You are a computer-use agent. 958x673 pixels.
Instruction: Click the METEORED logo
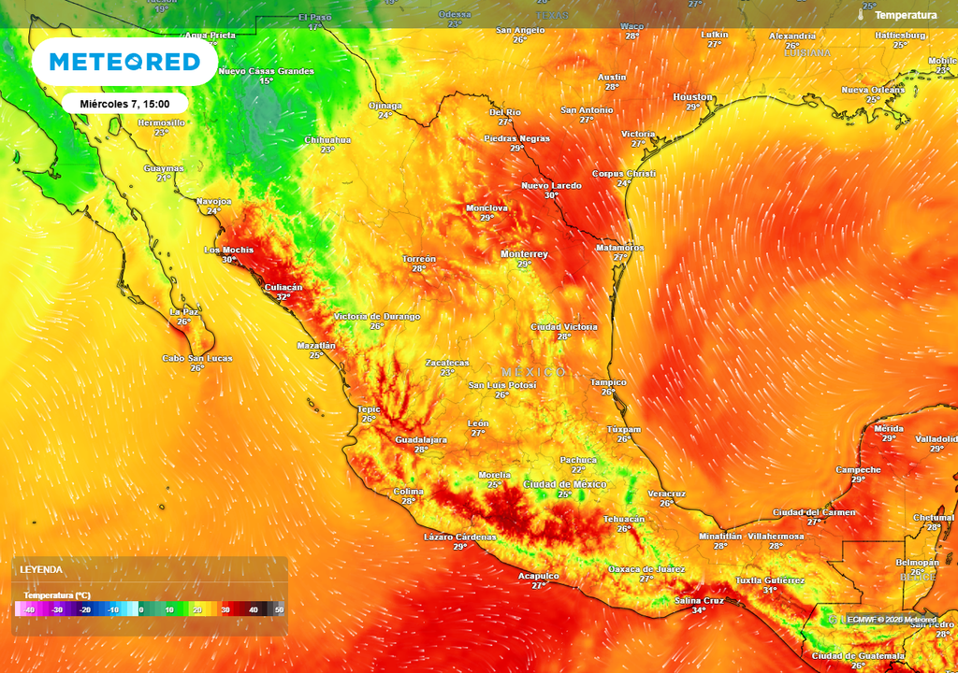(124, 62)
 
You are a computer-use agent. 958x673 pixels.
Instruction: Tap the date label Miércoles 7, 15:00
(125, 103)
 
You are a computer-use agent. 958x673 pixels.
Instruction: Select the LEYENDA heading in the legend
(42, 569)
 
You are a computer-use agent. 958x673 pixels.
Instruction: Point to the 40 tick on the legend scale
(253, 609)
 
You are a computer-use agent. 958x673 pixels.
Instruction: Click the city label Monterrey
(524, 254)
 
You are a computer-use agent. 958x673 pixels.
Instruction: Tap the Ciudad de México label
(564, 484)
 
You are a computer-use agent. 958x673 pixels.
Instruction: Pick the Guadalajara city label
(421, 439)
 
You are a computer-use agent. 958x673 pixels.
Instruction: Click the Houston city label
(692, 97)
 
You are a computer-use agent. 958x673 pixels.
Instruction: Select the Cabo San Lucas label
(197, 358)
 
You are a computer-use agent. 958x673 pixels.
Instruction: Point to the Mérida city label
(888, 428)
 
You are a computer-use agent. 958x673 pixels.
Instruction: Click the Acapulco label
(539, 576)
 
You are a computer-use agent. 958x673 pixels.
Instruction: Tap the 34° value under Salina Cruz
(699, 610)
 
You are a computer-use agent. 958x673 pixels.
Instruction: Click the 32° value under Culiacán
(283, 297)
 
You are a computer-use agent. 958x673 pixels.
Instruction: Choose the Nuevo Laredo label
(551, 186)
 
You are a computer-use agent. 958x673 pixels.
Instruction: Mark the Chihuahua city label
(327, 140)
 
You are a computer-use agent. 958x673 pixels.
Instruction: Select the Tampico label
(608, 382)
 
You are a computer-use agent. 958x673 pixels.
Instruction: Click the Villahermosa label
(776, 537)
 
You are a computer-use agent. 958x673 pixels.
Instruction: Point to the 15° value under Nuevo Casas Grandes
(266, 81)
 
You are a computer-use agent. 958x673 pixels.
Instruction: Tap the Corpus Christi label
(624, 174)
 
